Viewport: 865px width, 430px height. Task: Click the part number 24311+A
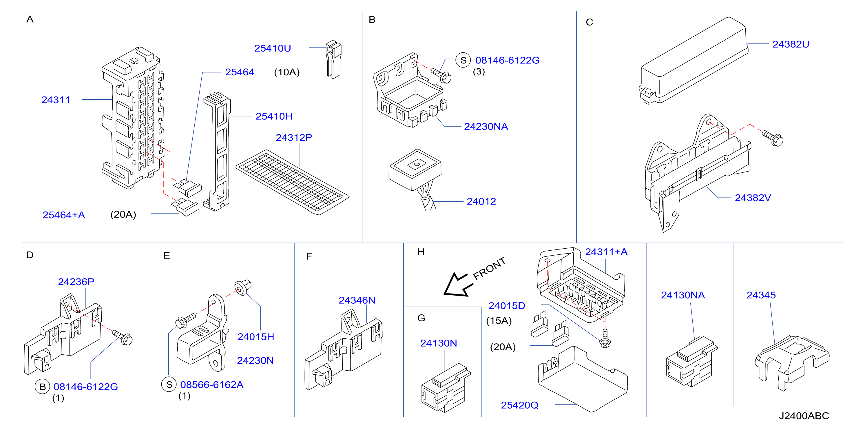pyautogui.click(x=606, y=252)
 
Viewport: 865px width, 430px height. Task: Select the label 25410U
pyautogui.click(x=272, y=48)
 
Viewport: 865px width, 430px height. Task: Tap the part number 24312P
pyautogui.click(x=294, y=137)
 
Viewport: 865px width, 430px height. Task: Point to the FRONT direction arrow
pyautogui.click(x=458, y=285)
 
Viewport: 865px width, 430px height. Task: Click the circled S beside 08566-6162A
pyautogui.click(x=169, y=385)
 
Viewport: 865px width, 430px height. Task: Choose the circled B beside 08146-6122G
pyautogui.click(x=42, y=387)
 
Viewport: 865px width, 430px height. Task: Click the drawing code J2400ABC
pyautogui.click(x=804, y=416)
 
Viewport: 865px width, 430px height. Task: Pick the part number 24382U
pyautogui.click(x=791, y=44)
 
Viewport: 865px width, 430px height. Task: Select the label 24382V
pyautogui.click(x=753, y=198)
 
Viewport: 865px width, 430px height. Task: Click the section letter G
pyautogui.click(x=421, y=318)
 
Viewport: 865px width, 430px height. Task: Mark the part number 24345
pyautogui.click(x=761, y=295)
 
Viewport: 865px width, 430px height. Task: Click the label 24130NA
pyautogui.click(x=683, y=295)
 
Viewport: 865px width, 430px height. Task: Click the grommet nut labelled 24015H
pyautogui.click(x=243, y=287)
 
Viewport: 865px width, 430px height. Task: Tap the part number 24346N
pyautogui.click(x=357, y=300)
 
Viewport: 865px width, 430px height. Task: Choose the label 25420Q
pyautogui.click(x=519, y=405)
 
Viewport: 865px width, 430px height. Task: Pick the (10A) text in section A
pyautogui.click(x=287, y=72)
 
